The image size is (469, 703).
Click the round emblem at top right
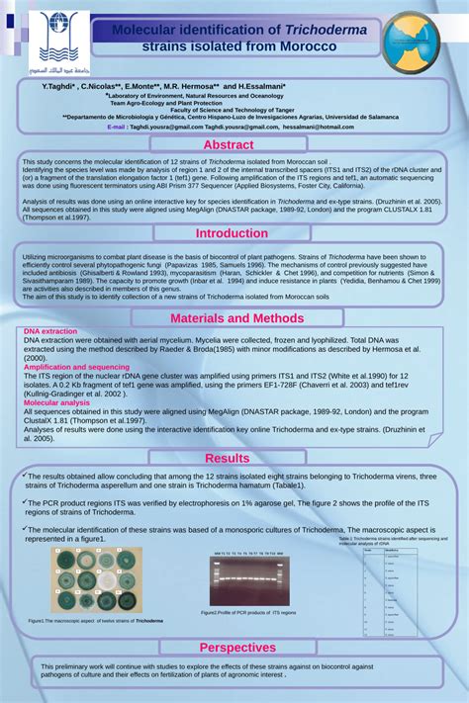409,41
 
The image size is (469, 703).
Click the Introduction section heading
232,233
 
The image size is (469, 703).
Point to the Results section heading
228,458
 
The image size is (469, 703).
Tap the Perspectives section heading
237,648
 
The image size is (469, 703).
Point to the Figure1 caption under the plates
96,621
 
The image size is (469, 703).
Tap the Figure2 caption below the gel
248,613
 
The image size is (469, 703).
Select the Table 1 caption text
385,541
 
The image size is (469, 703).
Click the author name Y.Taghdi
59,87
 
